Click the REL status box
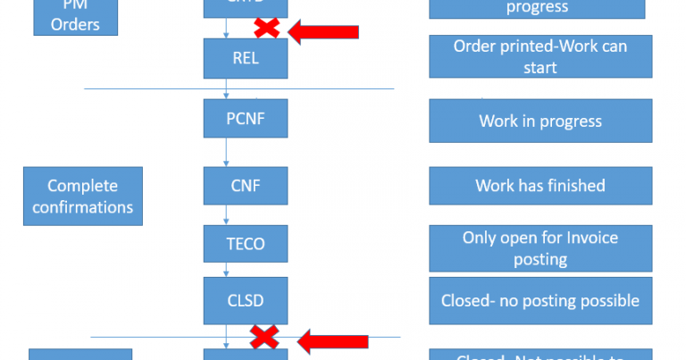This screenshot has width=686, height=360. (246, 58)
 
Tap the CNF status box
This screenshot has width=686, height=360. (246, 186)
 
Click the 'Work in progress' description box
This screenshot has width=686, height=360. (540, 121)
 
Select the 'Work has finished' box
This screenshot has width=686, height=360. (540, 186)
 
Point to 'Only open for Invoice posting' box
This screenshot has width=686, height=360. (540, 247)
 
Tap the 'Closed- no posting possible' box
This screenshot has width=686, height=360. (540, 301)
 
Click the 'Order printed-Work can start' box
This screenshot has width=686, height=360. (540, 57)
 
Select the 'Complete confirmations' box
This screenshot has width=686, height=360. (82, 197)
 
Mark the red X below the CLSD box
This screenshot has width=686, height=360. (265, 338)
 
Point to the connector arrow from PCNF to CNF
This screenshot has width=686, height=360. (227, 152)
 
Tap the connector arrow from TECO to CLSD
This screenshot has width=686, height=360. (227, 269)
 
